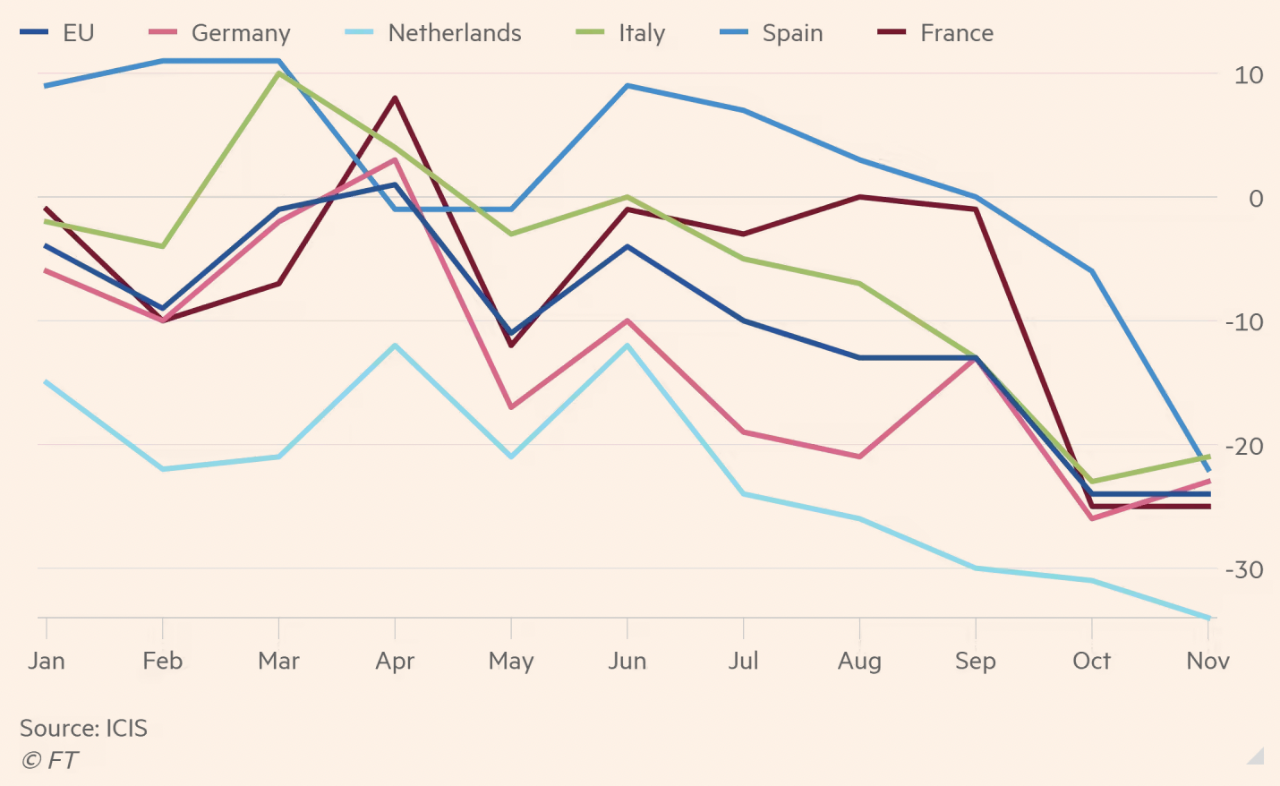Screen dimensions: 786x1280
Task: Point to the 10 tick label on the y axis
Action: click(1248, 75)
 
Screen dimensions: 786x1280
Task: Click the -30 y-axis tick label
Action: click(1244, 569)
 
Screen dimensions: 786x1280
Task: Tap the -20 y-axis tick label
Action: click(1244, 446)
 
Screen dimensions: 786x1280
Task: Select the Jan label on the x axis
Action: click(47, 661)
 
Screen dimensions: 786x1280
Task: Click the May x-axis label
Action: click(511, 661)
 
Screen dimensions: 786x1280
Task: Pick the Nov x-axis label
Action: click(1207, 661)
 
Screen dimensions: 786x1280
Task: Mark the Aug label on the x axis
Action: click(859, 661)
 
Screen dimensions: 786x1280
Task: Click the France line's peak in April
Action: click(395, 98)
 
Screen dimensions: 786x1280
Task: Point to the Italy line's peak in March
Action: click(279, 73)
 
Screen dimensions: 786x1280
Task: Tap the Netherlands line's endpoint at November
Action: click(1208, 618)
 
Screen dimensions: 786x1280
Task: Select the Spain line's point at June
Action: click(627, 86)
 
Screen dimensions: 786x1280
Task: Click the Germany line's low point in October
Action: click(1092, 518)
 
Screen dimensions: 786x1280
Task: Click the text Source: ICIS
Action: click(83, 728)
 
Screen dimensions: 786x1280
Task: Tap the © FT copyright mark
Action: click(49, 760)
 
